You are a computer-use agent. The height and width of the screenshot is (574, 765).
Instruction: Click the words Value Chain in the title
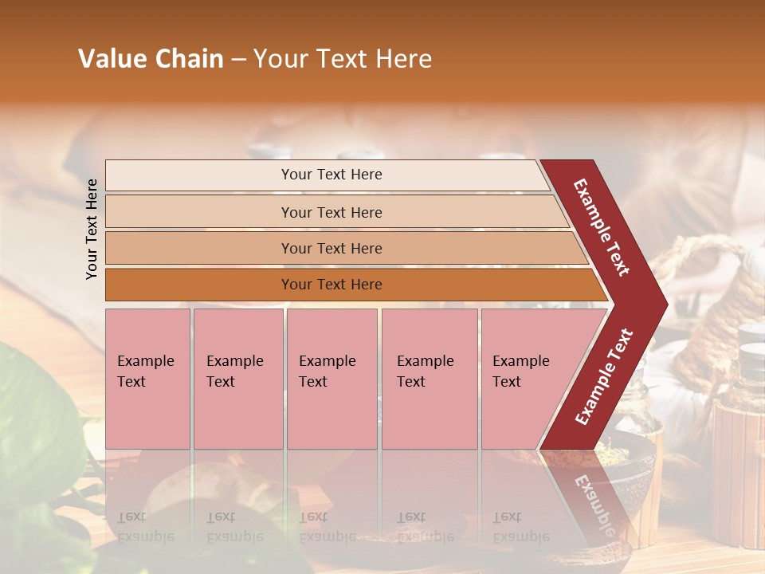[151, 59]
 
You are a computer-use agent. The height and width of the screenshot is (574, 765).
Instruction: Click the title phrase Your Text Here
[343, 59]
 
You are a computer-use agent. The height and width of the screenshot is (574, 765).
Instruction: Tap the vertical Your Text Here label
[92, 229]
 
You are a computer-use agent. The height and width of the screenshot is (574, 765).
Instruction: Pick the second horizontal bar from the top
[331, 212]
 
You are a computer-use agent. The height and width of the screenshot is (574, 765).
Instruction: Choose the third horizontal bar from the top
[331, 248]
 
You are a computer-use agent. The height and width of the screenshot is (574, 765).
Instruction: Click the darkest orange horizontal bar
[331, 285]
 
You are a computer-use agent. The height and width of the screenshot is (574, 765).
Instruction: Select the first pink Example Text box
[147, 379]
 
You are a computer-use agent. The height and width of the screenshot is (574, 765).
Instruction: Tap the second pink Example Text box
[237, 379]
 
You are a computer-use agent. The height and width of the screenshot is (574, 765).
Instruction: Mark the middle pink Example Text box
[331, 379]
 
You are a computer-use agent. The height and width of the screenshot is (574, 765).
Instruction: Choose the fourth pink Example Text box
[430, 379]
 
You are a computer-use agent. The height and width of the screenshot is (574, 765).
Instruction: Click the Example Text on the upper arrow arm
[602, 227]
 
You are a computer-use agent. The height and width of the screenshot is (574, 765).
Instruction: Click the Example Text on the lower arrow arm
[604, 376]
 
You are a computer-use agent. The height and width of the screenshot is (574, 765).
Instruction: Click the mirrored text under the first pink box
[146, 526]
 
